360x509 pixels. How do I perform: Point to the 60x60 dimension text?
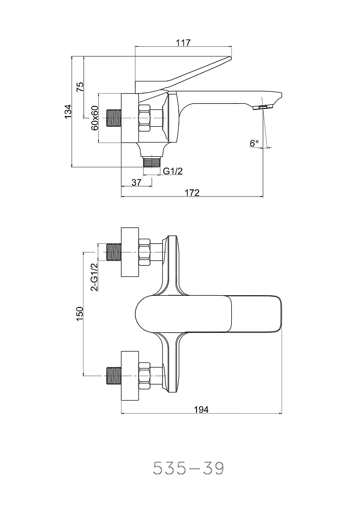tap(94, 118)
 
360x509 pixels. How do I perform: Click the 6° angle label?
tap(254, 144)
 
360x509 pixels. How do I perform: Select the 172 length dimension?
tap(191, 192)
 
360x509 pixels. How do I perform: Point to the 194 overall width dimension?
tap(202, 409)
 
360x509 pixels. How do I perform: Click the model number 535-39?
tap(189, 467)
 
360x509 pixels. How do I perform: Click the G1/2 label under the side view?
tap(173, 172)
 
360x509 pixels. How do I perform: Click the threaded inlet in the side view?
tap(113, 118)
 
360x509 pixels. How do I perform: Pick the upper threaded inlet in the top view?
tap(113, 252)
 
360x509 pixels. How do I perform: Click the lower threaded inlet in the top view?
tap(113, 376)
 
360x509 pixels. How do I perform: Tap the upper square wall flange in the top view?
tap(129, 252)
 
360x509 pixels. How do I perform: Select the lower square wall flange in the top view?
tap(129, 376)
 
